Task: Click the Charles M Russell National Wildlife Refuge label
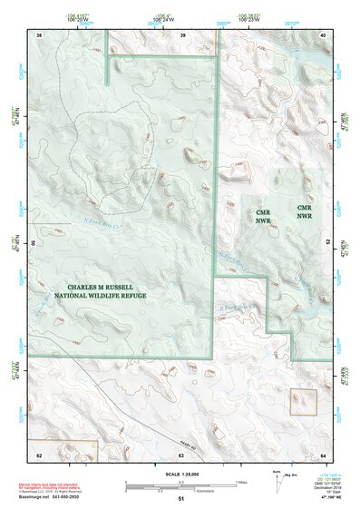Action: point(99,290)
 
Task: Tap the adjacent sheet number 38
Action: point(39,34)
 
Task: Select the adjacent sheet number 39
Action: point(183,34)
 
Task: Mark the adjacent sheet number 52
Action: point(327,243)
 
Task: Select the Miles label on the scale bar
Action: point(241,481)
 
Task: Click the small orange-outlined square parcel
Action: point(303,400)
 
